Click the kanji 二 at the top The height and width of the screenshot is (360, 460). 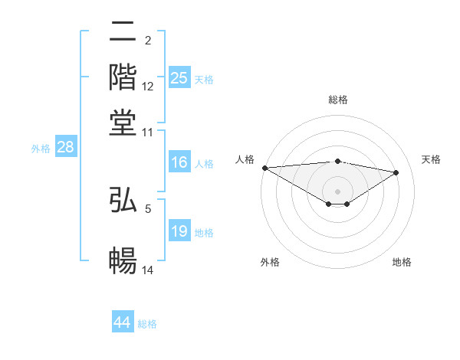pos(123,33)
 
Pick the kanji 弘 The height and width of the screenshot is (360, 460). pos(123,201)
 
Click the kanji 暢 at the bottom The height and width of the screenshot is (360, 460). pos(123,261)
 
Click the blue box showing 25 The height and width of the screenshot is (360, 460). pos(179,78)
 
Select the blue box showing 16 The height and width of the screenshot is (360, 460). pos(179,162)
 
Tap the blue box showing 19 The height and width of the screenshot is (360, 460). pos(179,231)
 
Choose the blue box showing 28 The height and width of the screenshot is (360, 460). pos(65,148)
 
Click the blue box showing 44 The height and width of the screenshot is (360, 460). pos(123,322)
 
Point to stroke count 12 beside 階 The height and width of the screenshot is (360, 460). pos(148,87)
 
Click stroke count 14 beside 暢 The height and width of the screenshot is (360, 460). pos(148,270)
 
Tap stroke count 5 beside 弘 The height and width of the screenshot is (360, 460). pos(148,207)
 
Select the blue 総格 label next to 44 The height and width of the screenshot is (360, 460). pos(147,324)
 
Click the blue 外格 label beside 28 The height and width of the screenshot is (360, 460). pos(40,149)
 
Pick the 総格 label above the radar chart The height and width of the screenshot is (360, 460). pos(337,100)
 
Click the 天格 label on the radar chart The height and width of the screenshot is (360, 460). pos(431,159)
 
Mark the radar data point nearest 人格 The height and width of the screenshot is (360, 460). pos(264,168)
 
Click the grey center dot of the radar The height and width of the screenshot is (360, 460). pos(337,191)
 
